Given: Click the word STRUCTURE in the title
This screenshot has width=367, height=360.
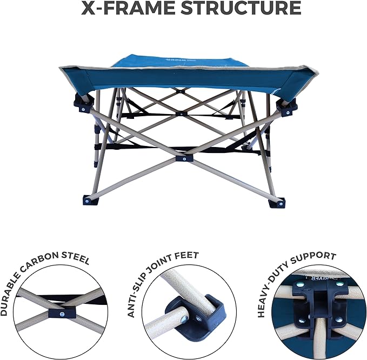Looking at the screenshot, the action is (241, 8).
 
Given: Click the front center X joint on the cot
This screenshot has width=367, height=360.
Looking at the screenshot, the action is (184, 158).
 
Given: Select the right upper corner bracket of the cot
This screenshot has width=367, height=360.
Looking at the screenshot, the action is (287, 108).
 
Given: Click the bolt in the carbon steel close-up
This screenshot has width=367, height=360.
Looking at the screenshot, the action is (62, 314).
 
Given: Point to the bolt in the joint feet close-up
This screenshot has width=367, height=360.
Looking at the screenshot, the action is (184, 318).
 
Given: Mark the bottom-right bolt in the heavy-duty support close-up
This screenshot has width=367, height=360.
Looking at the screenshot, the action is (338, 320).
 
